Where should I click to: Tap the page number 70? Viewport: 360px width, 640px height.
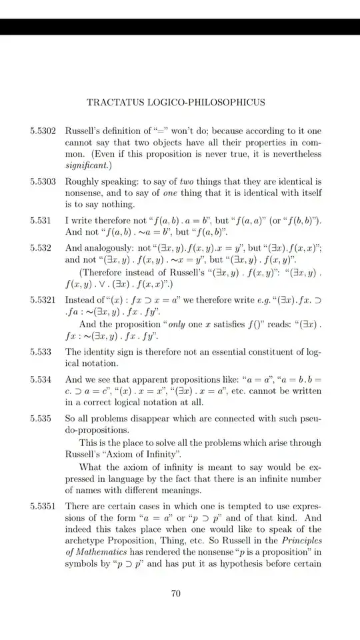(176, 595)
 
